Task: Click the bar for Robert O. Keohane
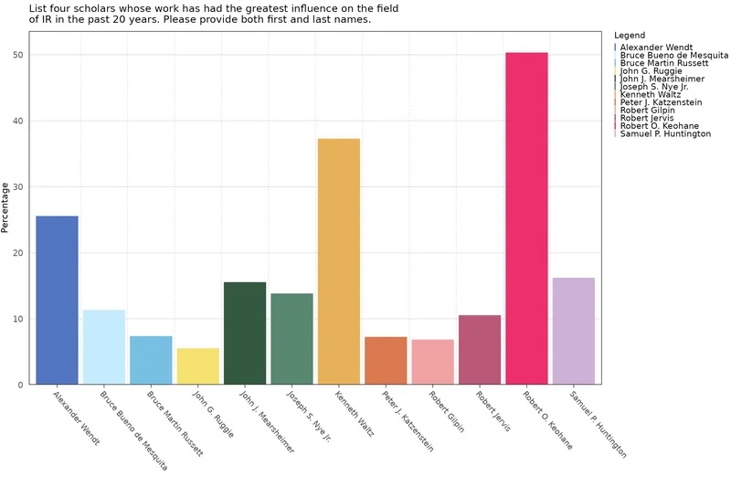526,218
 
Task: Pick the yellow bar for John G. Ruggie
197,365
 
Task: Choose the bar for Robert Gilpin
432,362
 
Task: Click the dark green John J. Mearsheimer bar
245,333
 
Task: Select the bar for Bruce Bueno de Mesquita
104,347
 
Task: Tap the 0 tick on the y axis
21,385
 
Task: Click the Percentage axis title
6,206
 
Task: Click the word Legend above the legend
630,36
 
